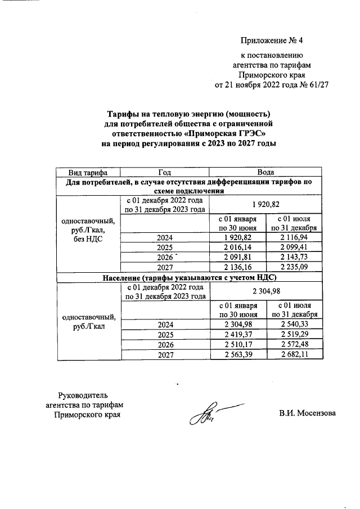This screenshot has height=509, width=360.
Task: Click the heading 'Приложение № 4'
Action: point(271,40)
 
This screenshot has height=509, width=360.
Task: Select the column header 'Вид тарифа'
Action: point(88,172)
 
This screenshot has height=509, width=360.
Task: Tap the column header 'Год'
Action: point(164,172)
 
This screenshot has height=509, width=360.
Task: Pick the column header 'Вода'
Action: point(265,172)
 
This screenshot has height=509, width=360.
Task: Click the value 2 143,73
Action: point(295,257)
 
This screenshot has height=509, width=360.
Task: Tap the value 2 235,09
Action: point(295,267)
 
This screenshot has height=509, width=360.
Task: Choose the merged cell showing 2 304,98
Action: point(265,291)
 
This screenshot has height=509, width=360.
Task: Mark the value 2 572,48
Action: point(295,345)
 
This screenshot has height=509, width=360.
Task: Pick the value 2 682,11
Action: point(295,355)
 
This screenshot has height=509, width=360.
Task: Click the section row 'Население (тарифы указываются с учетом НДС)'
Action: point(190,277)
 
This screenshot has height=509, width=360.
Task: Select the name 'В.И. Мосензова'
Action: point(307,413)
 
